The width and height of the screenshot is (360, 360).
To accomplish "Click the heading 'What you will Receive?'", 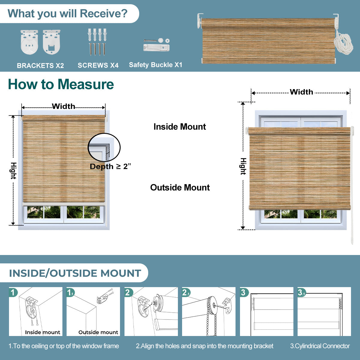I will pyautogui.click(x=67, y=14).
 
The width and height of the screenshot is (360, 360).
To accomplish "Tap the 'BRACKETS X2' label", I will pyautogui.click(x=40, y=65).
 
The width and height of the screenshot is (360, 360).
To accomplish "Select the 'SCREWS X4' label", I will pyautogui.click(x=98, y=65).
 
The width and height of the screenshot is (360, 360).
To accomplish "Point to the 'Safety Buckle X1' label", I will pyautogui.click(x=155, y=65).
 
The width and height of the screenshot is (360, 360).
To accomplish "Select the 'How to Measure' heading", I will pyautogui.click(x=61, y=84).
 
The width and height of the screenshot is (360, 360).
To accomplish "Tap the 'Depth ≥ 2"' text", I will pyautogui.click(x=110, y=166).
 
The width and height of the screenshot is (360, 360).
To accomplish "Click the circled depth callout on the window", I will pyautogui.click(x=104, y=147).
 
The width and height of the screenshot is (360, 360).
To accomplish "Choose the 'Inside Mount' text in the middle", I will pyautogui.click(x=179, y=127).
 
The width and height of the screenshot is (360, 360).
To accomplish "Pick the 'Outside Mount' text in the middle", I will pyautogui.click(x=180, y=187).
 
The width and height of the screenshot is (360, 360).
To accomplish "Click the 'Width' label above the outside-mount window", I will pyautogui.click(x=301, y=92).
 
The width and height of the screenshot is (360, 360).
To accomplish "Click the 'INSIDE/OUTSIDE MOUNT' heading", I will pyautogui.click(x=75, y=273).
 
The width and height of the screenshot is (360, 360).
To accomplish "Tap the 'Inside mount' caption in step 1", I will pyautogui.click(x=42, y=332).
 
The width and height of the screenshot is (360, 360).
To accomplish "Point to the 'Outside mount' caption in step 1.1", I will pyautogui.click(x=98, y=332).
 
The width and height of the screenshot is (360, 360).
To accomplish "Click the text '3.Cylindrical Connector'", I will pyautogui.click(x=320, y=346).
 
